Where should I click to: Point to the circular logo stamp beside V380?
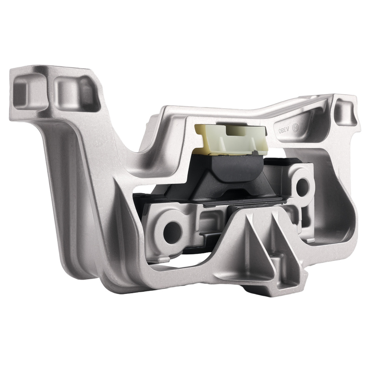pyautogui.click(x=296, y=127)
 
